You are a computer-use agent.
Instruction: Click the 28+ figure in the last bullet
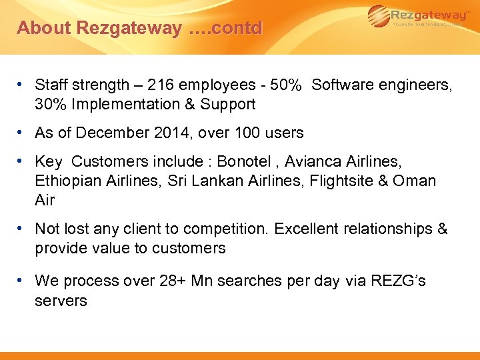[175, 281]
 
